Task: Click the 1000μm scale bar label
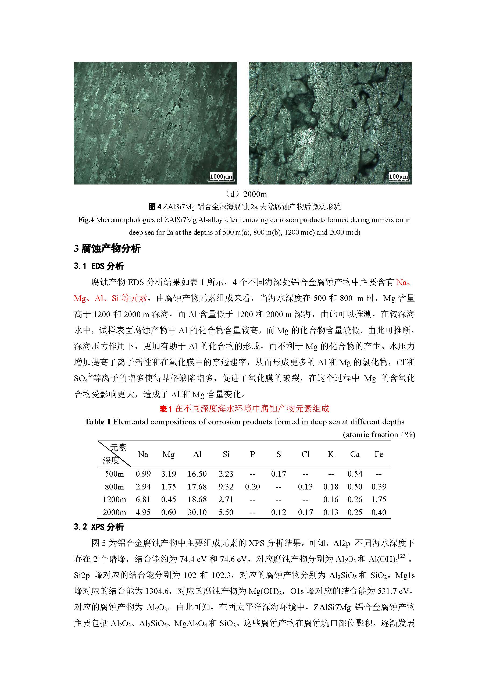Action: pyautogui.click(x=221, y=176)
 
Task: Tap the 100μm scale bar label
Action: pyautogui.click(x=398, y=176)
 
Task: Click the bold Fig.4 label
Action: pyautogui.click(x=86, y=220)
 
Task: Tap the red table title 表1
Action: pyautogui.click(x=165, y=409)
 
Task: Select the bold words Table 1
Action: pyautogui.click(x=97, y=422)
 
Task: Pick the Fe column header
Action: pyautogui.click(x=379, y=454)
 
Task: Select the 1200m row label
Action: pyautogui.click(x=114, y=499)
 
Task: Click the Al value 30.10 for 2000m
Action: pyautogui.click(x=197, y=512)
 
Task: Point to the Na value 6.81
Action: pyautogui.click(x=143, y=499)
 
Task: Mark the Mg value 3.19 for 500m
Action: pyautogui.click(x=169, y=474)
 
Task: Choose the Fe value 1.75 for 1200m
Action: pyautogui.click(x=379, y=499)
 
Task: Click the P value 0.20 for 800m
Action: pyautogui.click(x=252, y=487)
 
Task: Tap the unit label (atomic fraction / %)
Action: pyautogui.click(x=379, y=435)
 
